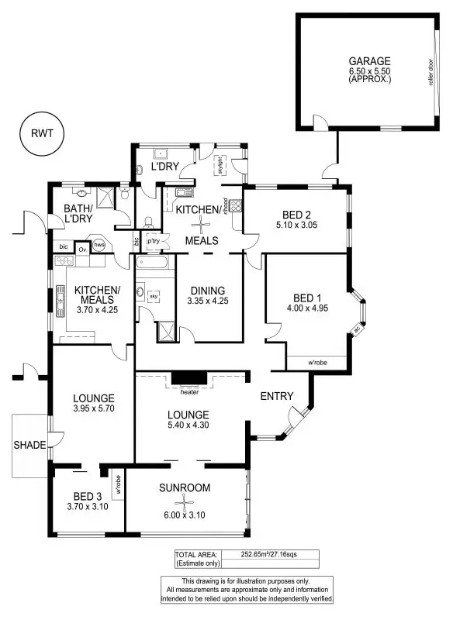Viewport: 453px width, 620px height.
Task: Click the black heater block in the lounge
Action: [x=188, y=378]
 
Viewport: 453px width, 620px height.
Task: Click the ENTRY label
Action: [x=277, y=396]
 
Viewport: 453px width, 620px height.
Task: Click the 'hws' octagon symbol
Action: [x=99, y=246]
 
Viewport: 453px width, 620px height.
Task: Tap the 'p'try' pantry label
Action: [x=153, y=241]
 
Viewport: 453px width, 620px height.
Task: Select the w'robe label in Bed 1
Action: [x=316, y=362]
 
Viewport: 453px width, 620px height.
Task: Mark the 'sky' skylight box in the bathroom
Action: [x=154, y=295]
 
